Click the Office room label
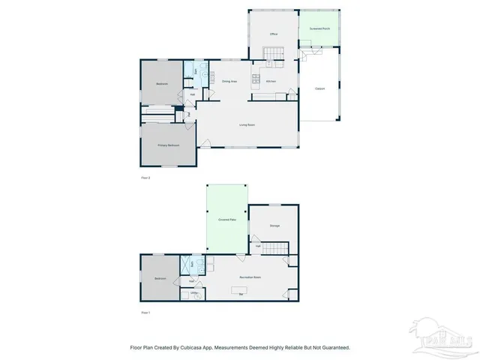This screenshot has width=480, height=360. coord(274,34)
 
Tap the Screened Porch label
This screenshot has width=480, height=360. coord(319,28)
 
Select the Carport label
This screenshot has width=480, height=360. coord(319,89)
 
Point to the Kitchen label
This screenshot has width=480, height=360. coord(271,81)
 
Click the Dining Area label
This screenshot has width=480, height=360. coord(229,81)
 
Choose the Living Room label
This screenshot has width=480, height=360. coord(248,124)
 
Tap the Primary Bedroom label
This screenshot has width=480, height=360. coord(168,145)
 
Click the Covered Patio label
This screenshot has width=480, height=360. coord(227,219)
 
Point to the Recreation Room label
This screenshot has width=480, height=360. coord(250,277)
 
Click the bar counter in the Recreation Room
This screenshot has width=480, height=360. coord(241,295)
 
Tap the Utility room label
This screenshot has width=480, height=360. coord(193,293)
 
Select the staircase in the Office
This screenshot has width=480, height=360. coord(274,53)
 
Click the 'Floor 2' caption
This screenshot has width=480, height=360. coord(146,178)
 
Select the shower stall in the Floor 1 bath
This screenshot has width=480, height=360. coord(184,265)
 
